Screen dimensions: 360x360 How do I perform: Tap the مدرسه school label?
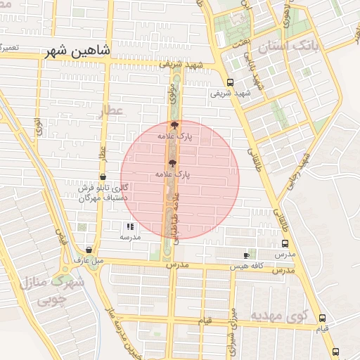click(x=130, y=237)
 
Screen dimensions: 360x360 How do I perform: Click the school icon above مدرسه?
click(x=130, y=226)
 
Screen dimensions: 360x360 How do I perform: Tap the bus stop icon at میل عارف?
click(x=89, y=250)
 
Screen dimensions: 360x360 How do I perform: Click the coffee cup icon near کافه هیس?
click(x=245, y=255)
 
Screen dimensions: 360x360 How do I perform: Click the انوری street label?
click(x=37, y=127)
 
